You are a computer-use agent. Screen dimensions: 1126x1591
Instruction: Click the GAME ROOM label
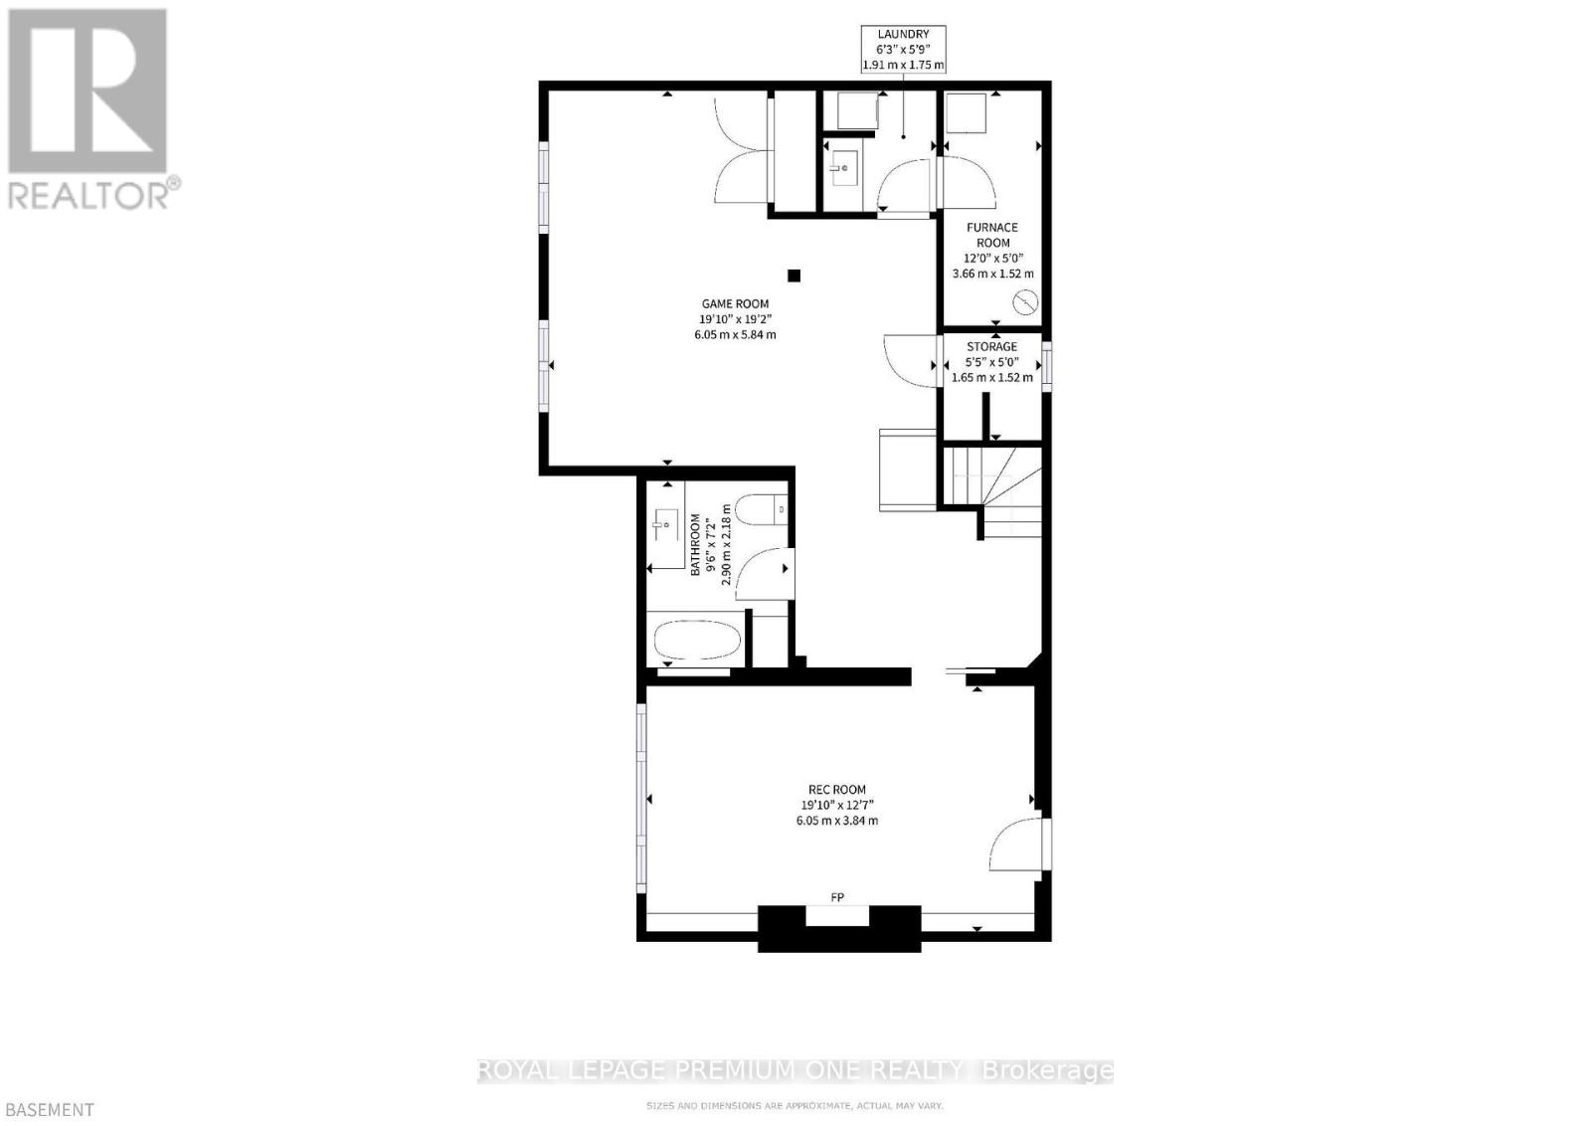[x=735, y=304]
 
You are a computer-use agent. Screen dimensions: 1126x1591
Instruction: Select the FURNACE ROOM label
[x=992, y=235]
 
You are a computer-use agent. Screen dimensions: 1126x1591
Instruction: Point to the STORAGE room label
[x=992, y=347]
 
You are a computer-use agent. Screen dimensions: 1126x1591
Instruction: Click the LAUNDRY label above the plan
[x=903, y=35]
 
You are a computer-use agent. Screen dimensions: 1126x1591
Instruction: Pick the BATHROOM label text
[x=696, y=544]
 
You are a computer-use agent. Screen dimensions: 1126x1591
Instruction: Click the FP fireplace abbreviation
[x=837, y=898]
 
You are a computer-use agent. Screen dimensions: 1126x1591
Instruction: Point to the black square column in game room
[x=794, y=276]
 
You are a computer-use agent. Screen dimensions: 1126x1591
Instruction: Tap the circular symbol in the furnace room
[x=1024, y=302]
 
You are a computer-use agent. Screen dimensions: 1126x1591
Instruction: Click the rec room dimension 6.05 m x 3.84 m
[x=836, y=821]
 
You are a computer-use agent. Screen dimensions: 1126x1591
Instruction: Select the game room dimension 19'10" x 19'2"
[x=735, y=319]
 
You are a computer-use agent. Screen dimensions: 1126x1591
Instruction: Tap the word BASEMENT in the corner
[x=48, y=1110]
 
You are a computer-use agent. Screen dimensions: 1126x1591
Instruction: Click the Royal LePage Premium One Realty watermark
[x=795, y=1070]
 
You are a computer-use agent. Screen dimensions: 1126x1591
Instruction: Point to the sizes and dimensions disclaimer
[x=795, y=1105]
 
